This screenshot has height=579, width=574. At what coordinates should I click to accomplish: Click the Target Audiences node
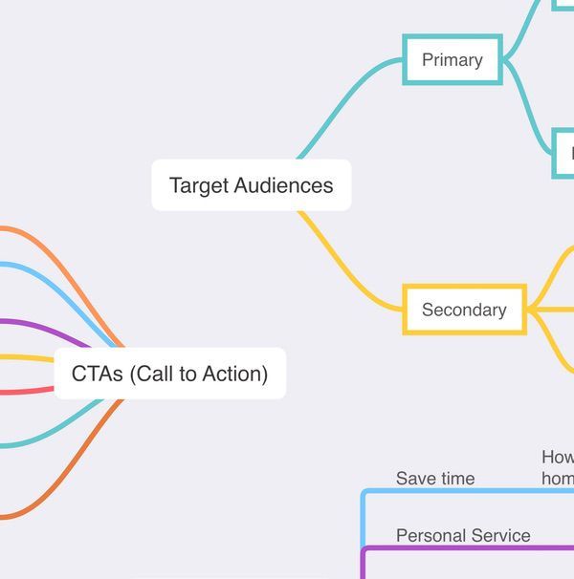(251, 185)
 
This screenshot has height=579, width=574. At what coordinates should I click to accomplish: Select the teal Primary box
(452, 59)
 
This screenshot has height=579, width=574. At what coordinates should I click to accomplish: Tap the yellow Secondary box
(464, 310)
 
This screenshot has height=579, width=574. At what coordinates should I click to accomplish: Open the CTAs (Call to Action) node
(169, 374)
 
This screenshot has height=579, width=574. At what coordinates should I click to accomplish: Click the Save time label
(434, 479)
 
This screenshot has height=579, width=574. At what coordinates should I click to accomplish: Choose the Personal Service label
(463, 536)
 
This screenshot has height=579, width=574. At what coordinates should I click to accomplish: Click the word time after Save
(455, 479)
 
